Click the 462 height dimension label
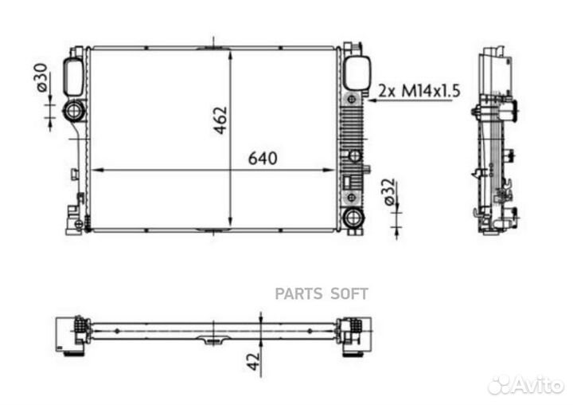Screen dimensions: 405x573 (220, 120)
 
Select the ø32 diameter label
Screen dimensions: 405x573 (390, 192)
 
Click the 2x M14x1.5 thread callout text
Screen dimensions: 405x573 (419, 91)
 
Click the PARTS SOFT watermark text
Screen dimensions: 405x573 (322, 293)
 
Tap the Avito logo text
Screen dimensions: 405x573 (537, 385)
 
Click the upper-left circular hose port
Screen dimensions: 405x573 (74, 110)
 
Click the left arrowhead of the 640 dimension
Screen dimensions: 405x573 (98, 170)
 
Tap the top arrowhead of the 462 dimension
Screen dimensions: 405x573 (231, 54)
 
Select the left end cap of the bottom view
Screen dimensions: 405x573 (71, 333)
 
